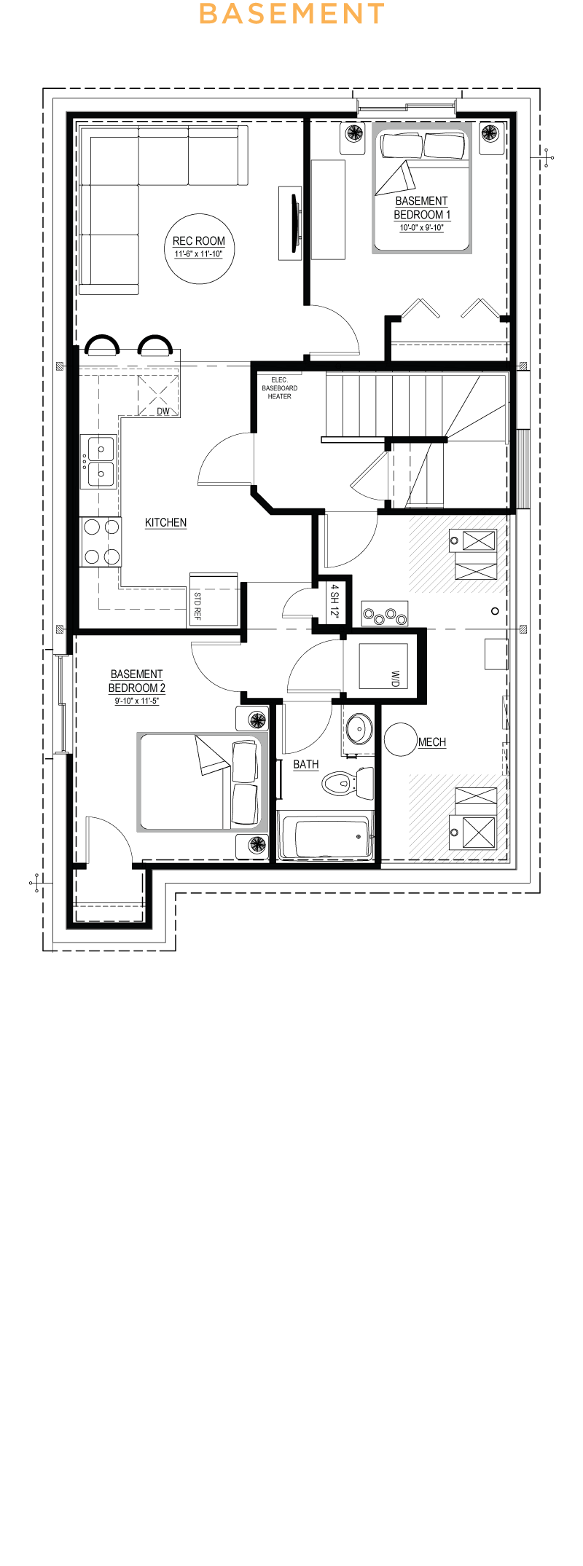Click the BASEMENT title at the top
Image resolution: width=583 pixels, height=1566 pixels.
291,13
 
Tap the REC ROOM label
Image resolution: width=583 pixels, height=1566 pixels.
199,241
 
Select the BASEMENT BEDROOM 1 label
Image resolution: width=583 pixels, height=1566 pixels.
422,208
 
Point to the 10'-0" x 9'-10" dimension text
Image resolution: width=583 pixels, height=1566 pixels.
422,228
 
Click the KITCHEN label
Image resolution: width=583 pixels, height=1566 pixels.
165,522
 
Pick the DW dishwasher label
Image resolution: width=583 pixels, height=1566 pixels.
163,412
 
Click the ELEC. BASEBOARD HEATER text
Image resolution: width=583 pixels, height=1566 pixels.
280,388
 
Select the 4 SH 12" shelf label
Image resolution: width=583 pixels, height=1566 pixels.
334,601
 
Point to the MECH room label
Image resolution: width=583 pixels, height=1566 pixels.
432,742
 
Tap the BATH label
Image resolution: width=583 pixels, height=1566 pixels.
306,764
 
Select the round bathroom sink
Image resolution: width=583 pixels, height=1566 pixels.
358,728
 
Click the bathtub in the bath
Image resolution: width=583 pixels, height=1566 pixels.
326,837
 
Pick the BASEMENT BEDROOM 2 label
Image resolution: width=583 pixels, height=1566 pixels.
137,681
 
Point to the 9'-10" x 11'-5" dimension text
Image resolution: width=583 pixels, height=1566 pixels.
137,701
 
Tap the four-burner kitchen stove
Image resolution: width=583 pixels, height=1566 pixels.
101,542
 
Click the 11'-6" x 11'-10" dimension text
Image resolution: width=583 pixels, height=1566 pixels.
199,254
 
